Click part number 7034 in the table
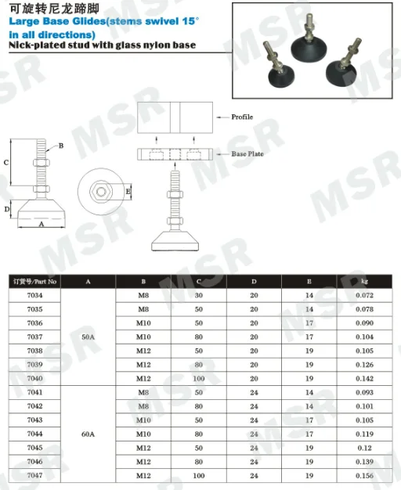[x=34, y=295]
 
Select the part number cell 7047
[x=34, y=476]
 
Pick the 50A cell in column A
[x=88, y=337]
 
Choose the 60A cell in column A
[x=88, y=434]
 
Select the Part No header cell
[x=35, y=280]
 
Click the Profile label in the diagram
[x=242, y=117]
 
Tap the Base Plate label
[x=247, y=154]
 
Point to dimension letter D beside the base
[x=6, y=209]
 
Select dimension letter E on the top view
[x=128, y=191]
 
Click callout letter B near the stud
[x=60, y=146]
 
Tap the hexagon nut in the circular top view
[x=103, y=191]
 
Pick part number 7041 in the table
[x=34, y=392]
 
